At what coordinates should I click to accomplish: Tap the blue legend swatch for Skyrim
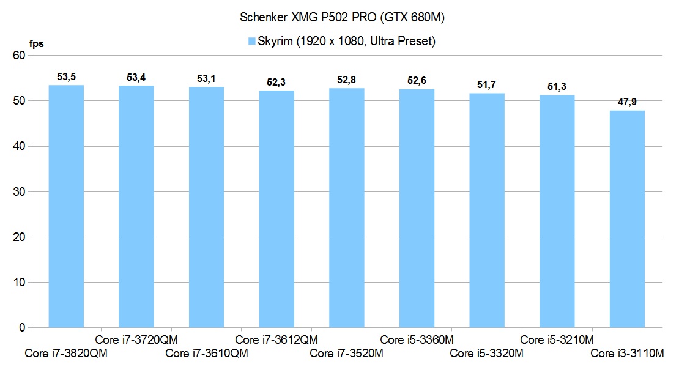coord(251,42)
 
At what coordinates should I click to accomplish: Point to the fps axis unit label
coord(37,43)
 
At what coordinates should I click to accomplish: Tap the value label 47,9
coord(628,102)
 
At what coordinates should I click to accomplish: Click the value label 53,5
coord(66,76)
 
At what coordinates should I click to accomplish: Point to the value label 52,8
coord(347,80)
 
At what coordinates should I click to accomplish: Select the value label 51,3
coord(557,86)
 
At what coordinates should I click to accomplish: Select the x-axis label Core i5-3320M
coord(486,354)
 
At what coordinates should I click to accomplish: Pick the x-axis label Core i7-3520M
coord(346,354)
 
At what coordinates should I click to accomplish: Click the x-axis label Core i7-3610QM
coord(206,354)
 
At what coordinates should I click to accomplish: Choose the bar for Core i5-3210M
coord(557,212)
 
